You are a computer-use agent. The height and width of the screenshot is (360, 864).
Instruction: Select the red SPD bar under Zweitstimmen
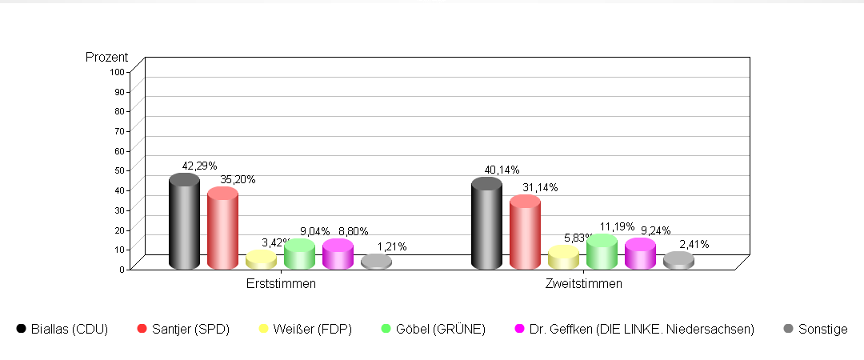pos(525,234)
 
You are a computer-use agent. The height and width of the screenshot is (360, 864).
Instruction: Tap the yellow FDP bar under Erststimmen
pos(261,260)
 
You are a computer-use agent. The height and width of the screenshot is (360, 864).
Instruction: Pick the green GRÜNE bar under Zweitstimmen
pos(602,253)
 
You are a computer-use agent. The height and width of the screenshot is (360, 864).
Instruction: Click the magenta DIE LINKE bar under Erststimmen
pos(338,254)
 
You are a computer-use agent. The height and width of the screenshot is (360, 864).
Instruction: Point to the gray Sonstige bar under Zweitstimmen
pos(678,261)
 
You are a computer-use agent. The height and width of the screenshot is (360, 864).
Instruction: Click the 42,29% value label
pos(199,166)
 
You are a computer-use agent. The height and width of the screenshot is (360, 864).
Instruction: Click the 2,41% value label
pos(694,244)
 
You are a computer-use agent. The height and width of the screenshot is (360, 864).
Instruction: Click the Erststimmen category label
pos(281,283)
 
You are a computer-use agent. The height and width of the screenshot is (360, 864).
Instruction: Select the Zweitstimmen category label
pos(583,283)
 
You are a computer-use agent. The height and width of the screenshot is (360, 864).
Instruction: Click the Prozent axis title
pos(106,58)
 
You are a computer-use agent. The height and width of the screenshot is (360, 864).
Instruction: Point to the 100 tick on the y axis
pos(118,71)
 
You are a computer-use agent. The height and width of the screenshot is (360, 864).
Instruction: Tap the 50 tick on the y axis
pos(120,170)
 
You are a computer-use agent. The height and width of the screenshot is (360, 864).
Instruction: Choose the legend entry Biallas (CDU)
pos(62,329)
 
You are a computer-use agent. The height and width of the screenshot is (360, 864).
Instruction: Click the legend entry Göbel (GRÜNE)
pos(431,329)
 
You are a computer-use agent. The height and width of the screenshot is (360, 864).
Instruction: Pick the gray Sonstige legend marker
pos(790,329)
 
